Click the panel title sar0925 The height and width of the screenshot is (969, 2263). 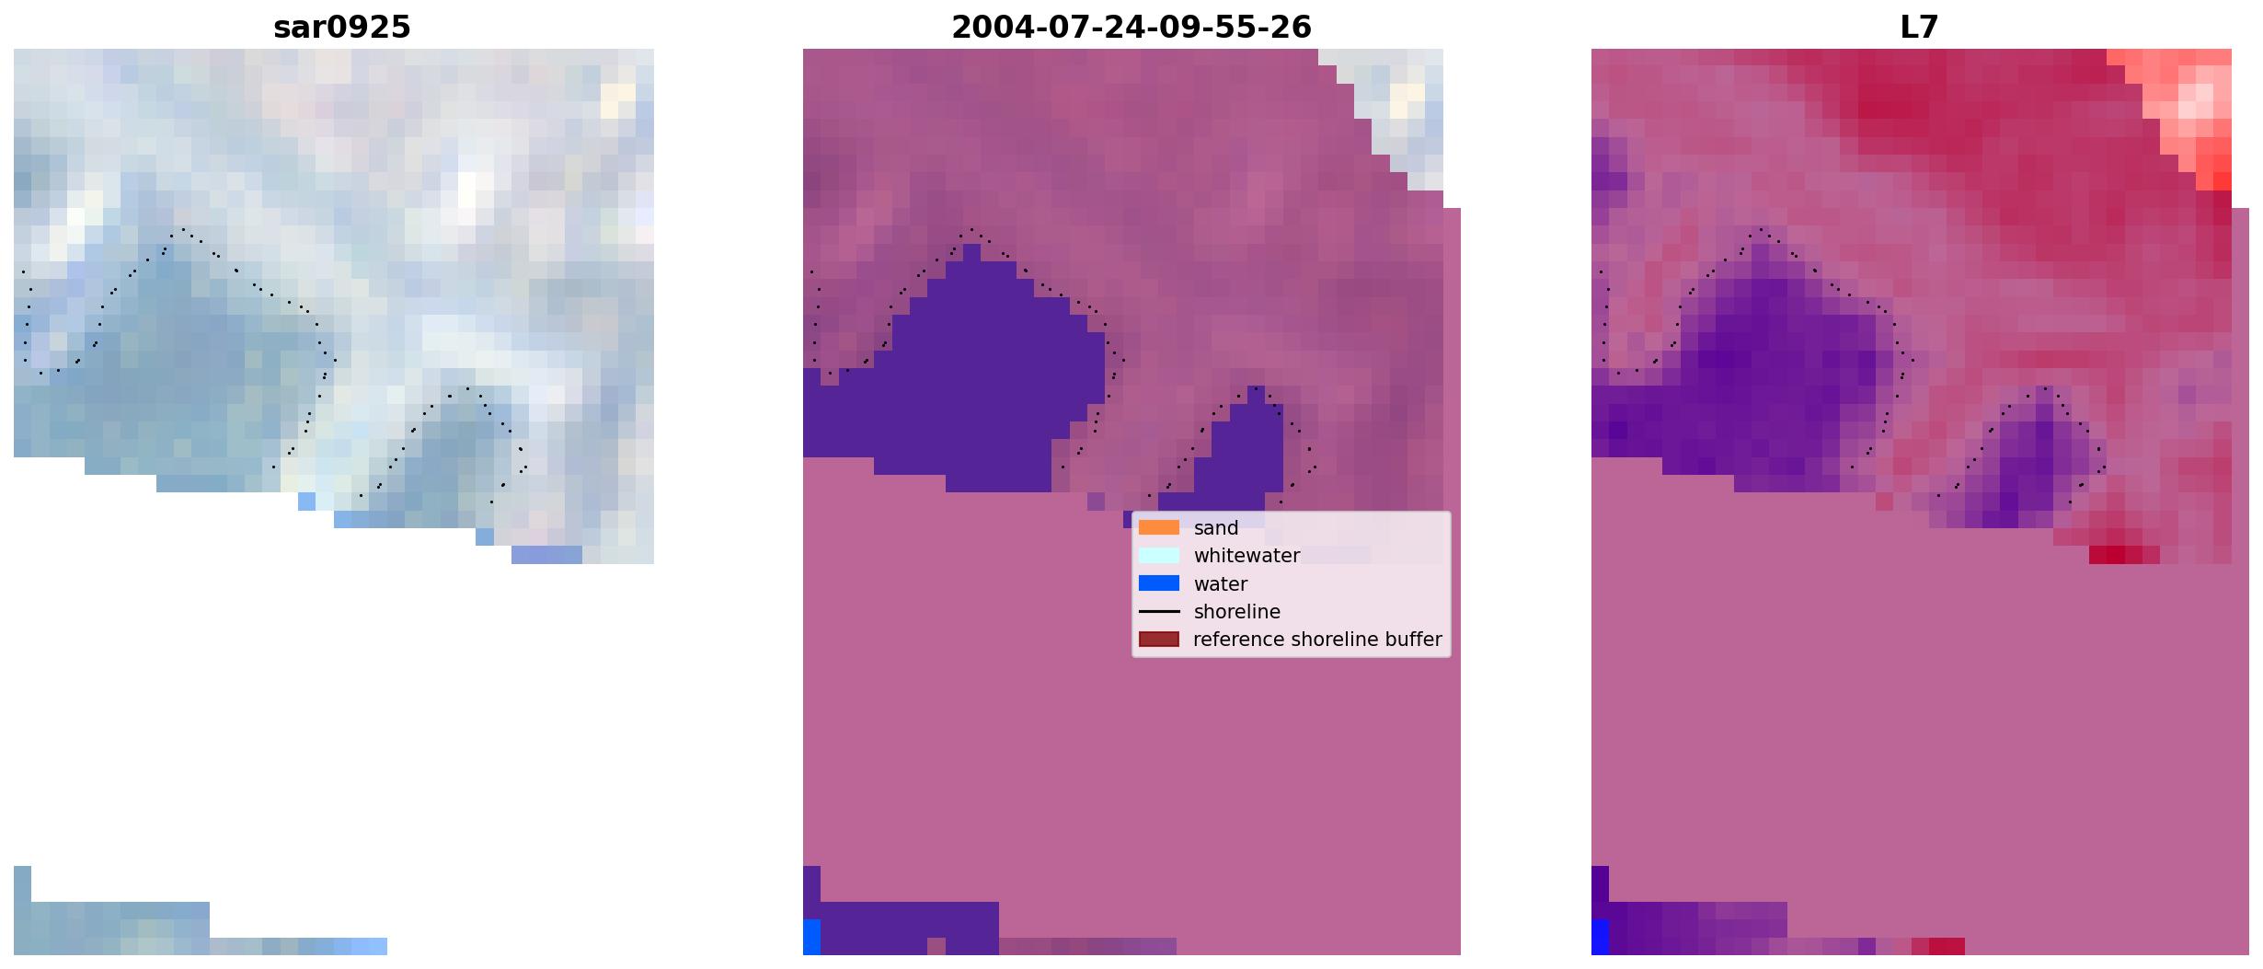[x=342, y=28]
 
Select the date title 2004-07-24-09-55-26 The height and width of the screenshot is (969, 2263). [x=1131, y=28]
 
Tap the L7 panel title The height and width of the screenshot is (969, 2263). [x=1919, y=28]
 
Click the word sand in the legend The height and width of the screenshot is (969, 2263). [x=1215, y=528]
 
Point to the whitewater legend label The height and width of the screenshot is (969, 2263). [x=1246, y=556]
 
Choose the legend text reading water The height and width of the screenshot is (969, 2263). [x=1220, y=584]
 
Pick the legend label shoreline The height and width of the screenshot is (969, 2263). [x=1236, y=612]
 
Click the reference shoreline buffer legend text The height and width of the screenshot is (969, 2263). [x=1317, y=640]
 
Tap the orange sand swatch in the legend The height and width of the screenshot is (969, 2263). [x=1159, y=527]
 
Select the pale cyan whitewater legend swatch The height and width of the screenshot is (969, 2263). [x=1159, y=556]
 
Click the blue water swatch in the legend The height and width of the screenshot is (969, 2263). [x=1159, y=583]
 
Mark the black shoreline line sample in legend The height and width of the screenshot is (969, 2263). [x=1159, y=612]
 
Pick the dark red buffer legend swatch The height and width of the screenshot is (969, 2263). [x=1159, y=640]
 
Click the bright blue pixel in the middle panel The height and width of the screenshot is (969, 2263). [x=811, y=937]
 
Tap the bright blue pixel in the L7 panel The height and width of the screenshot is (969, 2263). [x=1601, y=937]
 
